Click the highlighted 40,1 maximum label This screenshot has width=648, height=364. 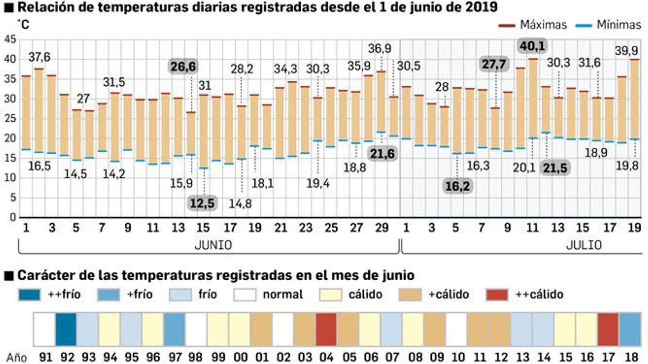pyautogui.click(x=532, y=46)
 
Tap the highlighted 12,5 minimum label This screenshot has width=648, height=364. pyautogui.click(x=202, y=203)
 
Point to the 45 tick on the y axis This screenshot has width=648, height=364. pyautogui.click(x=10, y=40)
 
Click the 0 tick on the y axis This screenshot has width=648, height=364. pyautogui.click(x=13, y=217)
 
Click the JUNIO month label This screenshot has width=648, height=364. pyautogui.click(x=213, y=245)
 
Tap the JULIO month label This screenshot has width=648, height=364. pyautogui.click(x=584, y=245)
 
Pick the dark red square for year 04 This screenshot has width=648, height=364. pyautogui.click(x=326, y=329)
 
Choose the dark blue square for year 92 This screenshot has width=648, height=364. pyautogui.click(x=66, y=329)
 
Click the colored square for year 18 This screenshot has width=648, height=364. pyautogui.click(x=630, y=329)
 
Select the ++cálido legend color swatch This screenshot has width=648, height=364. pyautogui.click(x=497, y=294)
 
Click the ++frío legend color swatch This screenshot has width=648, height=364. pyautogui.click(x=30, y=294)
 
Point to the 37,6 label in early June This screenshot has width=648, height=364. pyautogui.click(x=39, y=57)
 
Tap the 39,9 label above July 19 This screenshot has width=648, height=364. pyautogui.click(x=626, y=51)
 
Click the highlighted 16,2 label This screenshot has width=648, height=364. pyautogui.click(x=457, y=186)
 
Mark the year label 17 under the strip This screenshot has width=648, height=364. pyautogui.click(x=608, y=358)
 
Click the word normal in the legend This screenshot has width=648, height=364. pyautogui.click(x=282, y=294)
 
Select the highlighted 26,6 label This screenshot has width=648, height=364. pyautogui.click(x=183, y=66)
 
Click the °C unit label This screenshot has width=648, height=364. pyautogui.click(x=23, y=25)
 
